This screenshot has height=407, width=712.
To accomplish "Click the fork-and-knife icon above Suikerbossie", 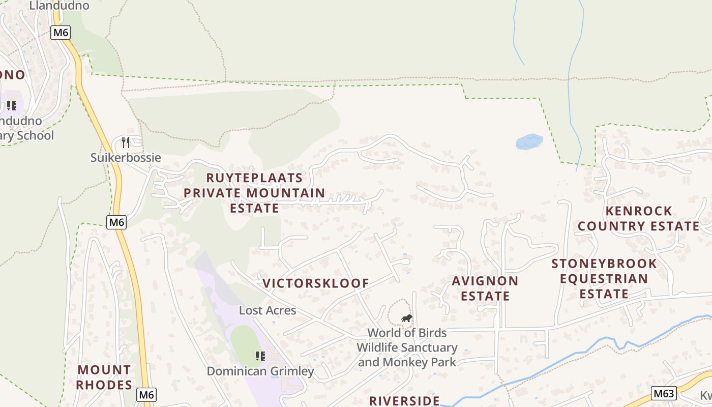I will pos(126,142).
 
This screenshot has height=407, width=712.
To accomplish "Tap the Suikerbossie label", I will pos(126,158).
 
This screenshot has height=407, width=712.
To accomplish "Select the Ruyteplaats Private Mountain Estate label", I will pos(254,193).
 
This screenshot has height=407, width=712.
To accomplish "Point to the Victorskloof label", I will pos(316,283).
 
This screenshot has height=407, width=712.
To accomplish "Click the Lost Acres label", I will pos(268,310).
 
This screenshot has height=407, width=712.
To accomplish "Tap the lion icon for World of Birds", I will pos(407,318).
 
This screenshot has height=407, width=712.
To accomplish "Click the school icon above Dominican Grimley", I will pos(260,356).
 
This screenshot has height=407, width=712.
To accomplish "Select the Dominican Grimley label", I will pos(260,371).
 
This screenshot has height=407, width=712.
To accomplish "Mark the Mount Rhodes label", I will pos(104,377).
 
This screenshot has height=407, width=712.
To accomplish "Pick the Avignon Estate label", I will pos(485,288).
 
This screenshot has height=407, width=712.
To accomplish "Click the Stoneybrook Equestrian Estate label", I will pos(604,278).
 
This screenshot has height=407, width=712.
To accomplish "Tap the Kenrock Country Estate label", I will pos(639,218).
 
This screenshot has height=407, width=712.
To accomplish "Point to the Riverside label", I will pos(404,400).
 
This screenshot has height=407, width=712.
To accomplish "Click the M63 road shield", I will pos(664,393).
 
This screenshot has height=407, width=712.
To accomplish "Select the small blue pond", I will pos(529,141).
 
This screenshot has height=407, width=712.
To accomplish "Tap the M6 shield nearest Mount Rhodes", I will pos(146,394).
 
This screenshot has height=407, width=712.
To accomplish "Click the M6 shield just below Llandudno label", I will pos(61,33).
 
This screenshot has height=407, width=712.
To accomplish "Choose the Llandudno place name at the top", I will pos(59,6).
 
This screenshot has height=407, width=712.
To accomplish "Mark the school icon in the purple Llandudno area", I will pos(12,106).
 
